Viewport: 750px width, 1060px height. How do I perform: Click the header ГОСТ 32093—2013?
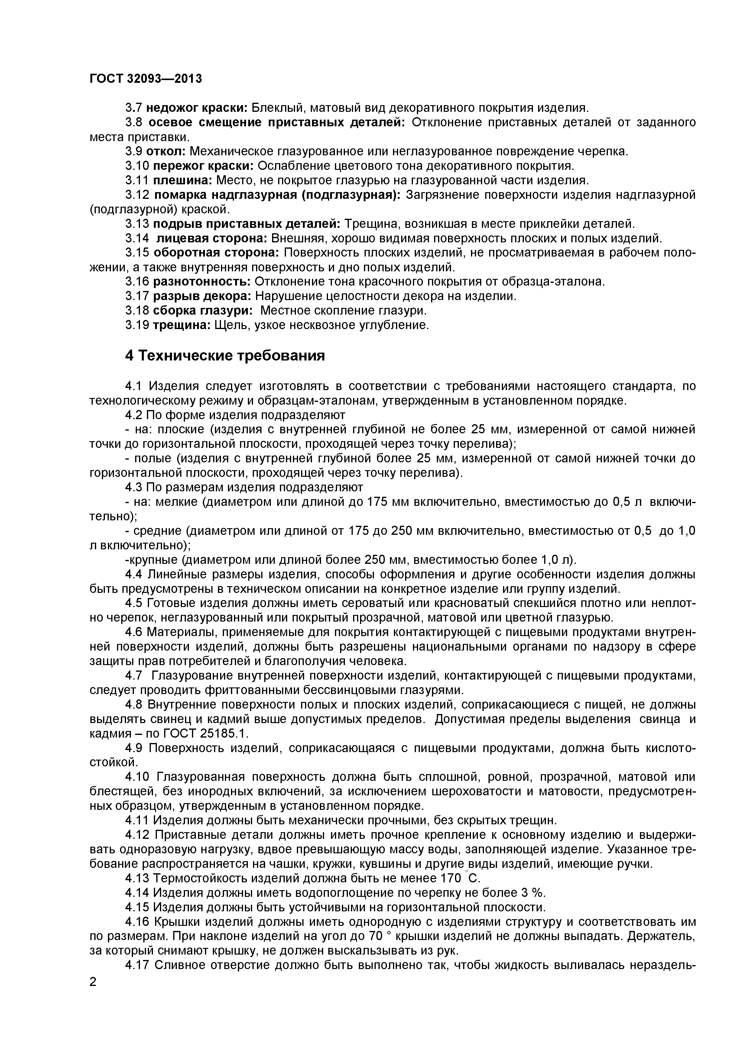pyautogui.click(x=146, y=79)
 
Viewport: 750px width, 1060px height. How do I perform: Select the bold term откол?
pyautogui.click(x=169, y=151)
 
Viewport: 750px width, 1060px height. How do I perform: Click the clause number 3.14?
pyautogui.click(x=137, y=238)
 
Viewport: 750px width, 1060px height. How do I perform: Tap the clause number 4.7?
pyautogui.click(x=135, y=676)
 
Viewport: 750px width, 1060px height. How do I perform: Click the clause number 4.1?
pyautogui.click(x=135, y=386)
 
